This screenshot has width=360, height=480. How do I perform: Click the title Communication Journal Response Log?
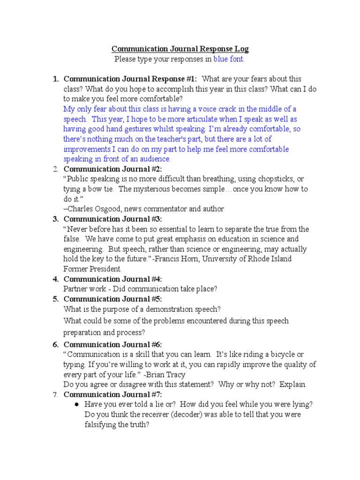pos(180,49)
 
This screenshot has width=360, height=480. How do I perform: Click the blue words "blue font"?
pos(229,59)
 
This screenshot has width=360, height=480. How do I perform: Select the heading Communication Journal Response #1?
pos(130,79)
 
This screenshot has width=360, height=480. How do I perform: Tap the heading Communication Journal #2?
pos(112,169)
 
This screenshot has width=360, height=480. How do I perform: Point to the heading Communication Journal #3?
pos(112,219)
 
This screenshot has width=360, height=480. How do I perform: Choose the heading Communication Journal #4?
pos(112,279)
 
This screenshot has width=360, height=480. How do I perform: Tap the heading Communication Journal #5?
pos(112,299)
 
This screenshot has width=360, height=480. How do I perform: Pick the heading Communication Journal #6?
pos(112,345)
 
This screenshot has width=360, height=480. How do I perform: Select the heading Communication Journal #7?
pos(112,394)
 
